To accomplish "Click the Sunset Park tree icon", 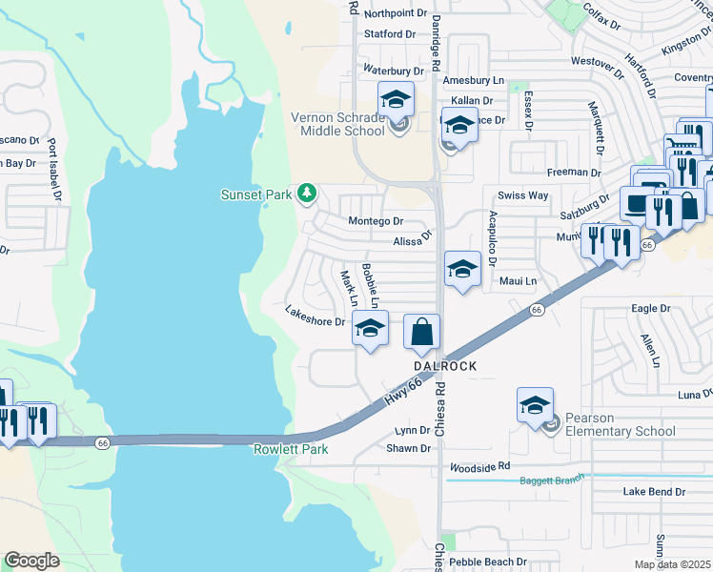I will (x=307, y=194).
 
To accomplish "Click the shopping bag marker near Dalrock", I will (x=421, y=332).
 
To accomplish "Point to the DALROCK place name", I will (x=444, y=366).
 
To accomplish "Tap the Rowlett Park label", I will (x=290, y=449).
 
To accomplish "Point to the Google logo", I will (x=31, y=560).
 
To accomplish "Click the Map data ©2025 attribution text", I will (x=672, y=564).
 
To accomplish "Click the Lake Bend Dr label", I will (x=654, y=492).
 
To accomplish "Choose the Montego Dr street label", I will (x=376, y=221).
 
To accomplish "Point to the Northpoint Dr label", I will (x=396, y=12).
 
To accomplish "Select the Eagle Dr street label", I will (x=651, y=309).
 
